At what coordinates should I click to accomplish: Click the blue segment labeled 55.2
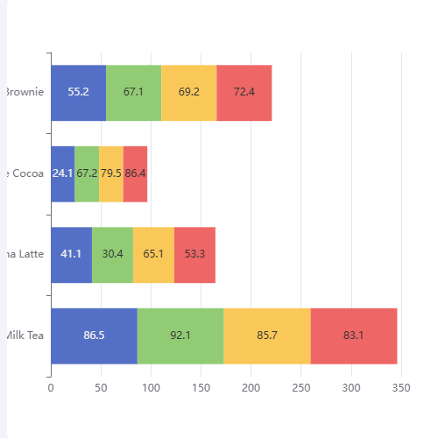click(78, 92)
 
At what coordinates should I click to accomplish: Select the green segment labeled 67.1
click(134, 92)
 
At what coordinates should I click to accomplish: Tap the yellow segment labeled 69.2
click(188, 92)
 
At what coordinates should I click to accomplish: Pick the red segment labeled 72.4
click(244, 92)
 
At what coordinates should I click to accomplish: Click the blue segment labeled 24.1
click(62, 173)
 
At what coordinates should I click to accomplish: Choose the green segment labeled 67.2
click(87, 173)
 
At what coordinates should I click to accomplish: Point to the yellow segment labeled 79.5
click(111, 173)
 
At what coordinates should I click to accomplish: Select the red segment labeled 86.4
click(136, 173)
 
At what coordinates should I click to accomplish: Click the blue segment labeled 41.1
click(71, 254)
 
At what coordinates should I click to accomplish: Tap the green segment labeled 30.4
click(112, 254)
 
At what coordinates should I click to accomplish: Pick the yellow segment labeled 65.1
click(153, 254)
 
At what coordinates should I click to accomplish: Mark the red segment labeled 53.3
click(194, 254)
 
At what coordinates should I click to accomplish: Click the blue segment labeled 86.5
click(94, 335)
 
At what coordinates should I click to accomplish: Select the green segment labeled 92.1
click(180, 335)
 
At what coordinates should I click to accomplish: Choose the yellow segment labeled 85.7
click(267, 335)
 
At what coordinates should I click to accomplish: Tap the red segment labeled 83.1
click(354, 335)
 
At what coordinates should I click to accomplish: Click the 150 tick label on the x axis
click(201, 386)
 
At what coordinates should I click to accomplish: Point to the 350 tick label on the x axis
click(402, 386)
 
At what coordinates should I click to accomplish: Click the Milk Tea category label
click(25, 335)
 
